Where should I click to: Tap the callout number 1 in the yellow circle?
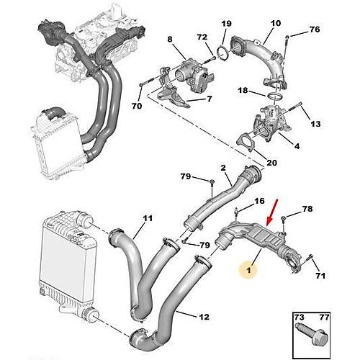pos(248,270)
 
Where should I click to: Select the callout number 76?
pos(313,30)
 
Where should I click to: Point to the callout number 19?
pos(226,24)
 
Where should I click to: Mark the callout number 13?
pos(315,123)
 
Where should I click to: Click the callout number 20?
pos(271,163)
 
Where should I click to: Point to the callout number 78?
pos(307,210)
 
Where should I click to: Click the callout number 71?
pos(320,275)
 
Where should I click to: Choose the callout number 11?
pos(148,218)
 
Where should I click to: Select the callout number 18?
pos(244,91)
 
